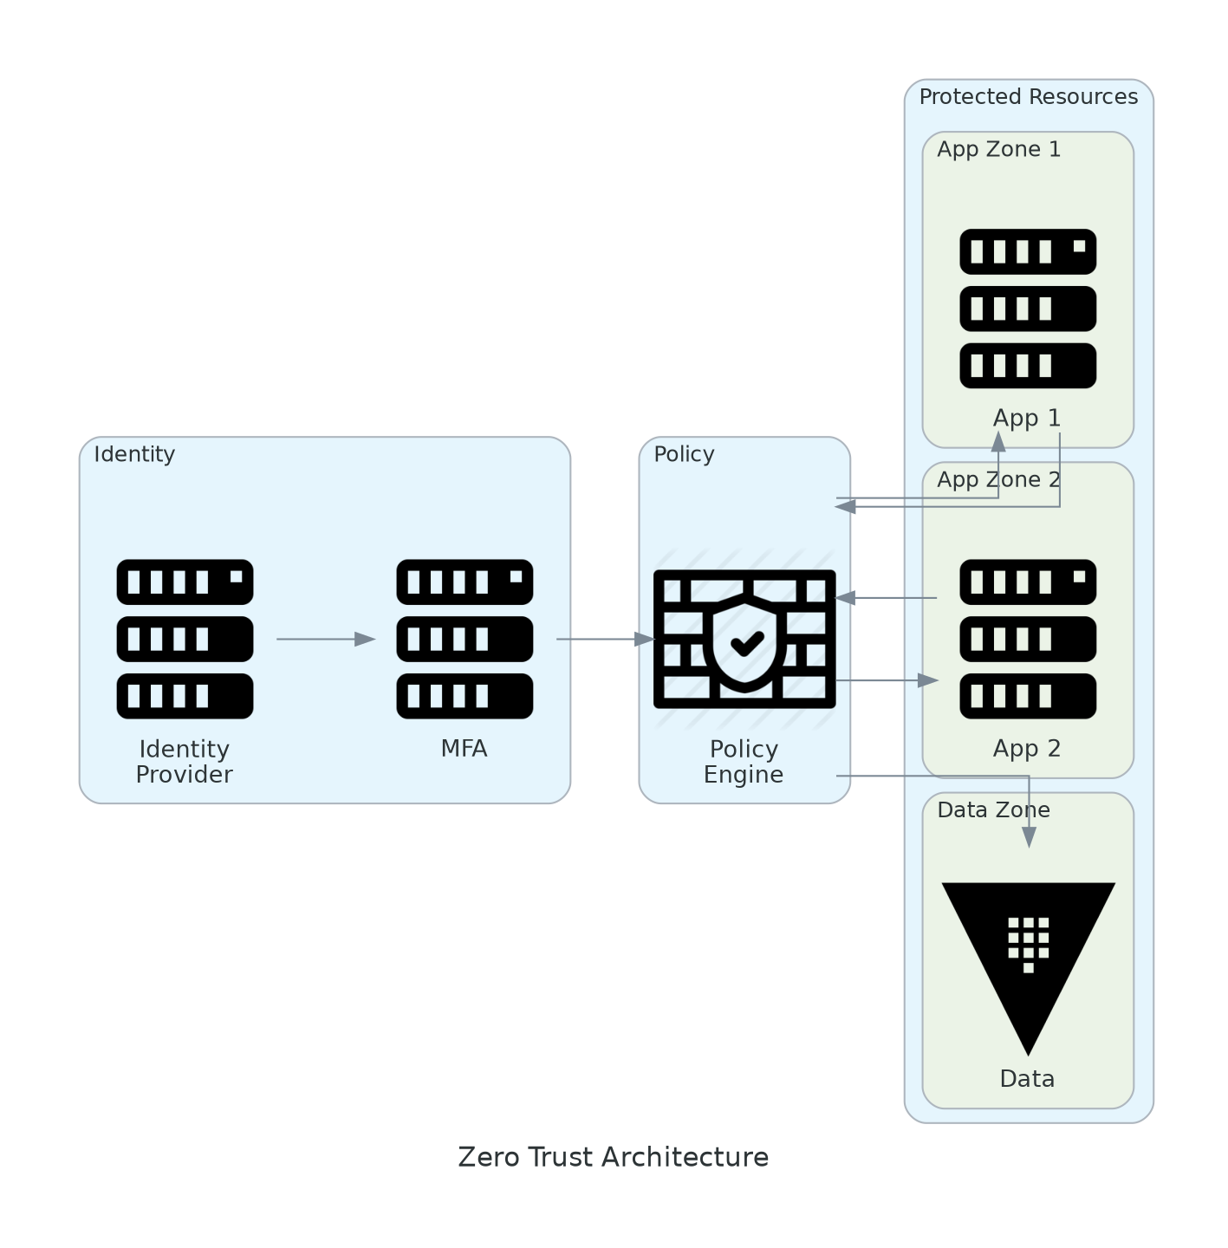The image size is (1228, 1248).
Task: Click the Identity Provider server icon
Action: (x=185, y=639)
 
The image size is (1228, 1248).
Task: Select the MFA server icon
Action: (x=465, y=639)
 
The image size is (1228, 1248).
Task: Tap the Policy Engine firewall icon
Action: (x=744, y=639)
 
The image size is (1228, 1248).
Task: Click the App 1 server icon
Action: (x=1028, y=309)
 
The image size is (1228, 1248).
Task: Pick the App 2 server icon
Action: (x=1028, y=639)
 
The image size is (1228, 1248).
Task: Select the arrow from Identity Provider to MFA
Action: (x=325, y=640)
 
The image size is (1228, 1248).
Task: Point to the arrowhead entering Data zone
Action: (x=1029, y=837)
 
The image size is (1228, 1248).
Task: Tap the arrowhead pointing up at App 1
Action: (x=998, y=441)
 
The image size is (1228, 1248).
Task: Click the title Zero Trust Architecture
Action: (x=613, y=1158)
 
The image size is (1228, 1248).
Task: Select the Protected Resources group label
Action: (x=1028, y=97)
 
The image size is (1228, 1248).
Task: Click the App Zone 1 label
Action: (x=998, y=150)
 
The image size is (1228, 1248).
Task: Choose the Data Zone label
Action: (x=993, y=810)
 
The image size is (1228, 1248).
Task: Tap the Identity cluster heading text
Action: (x=134, y=455)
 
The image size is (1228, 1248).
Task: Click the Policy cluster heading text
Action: (x=684, y=455)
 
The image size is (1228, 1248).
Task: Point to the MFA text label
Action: (x=464, y=749)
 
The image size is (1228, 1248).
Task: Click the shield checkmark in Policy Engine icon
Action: (x=746, y=643)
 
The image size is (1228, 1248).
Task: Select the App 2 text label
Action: (x=1027, y=749)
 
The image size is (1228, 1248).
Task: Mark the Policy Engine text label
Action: (x=744, y=762)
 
